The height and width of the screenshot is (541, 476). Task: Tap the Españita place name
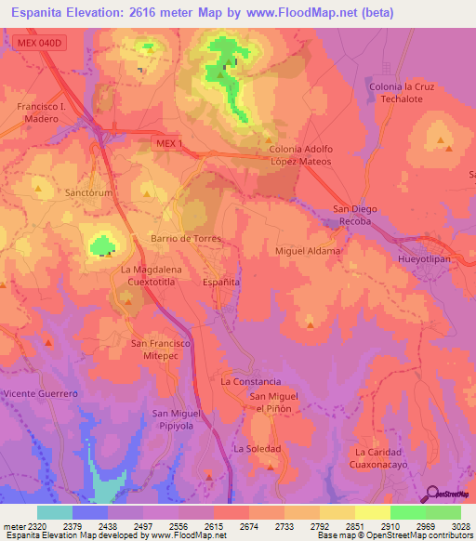(x=222, y=281)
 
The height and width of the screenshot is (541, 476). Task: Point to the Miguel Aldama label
(x=308, y=251)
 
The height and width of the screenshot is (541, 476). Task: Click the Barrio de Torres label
(x=185, y=239)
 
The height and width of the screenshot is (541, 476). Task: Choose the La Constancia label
(x=250, y=381)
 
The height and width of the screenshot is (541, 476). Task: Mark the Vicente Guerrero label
(x=40, y=394)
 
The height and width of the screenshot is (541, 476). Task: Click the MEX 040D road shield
(x=43, y=44)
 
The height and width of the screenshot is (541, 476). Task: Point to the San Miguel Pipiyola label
(x=176, y=418)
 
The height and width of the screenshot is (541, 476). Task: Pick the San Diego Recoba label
(x=353, y=216)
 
